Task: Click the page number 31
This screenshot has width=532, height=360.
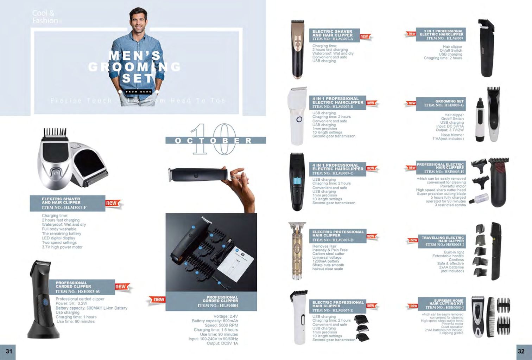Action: (9, 351)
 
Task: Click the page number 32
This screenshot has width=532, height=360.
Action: (521, 351)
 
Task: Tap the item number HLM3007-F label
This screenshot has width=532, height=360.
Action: (64, 207)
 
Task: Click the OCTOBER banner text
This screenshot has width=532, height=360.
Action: (214, 141)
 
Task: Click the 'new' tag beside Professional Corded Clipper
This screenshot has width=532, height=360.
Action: (159, 300)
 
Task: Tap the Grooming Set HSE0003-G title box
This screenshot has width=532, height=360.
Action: (441, 103)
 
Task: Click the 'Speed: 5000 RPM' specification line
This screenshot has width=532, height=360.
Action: (221, 325)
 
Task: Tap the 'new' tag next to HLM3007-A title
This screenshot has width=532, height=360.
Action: (365, 36)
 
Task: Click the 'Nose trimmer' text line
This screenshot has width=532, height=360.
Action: (452, 135)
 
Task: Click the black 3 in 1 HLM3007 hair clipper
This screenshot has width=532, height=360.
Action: (488, 49)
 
